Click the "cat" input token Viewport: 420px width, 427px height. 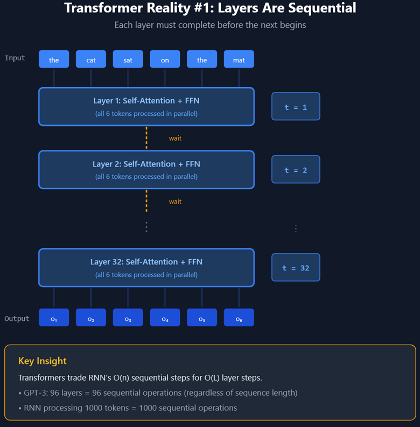coord(91,59)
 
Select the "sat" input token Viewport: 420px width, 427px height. coord(128,59)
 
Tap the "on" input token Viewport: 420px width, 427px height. coord(165,59)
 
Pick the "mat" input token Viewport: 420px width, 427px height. coord(239,59)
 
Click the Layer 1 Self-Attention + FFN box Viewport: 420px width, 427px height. coord(146,106)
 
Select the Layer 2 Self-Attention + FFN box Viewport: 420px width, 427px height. coord(146,170)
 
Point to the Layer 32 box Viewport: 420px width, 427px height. coord(146,268)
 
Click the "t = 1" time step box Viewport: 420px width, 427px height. coord(296,107)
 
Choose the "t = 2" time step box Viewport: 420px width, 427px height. coord(296,170)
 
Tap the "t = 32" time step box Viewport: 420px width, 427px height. coord(296,268)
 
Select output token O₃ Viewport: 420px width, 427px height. coord(128,318)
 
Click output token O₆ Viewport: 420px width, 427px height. coord(239,318)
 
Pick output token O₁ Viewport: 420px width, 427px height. coord(54,318)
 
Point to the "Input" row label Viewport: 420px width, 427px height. coord(15,58)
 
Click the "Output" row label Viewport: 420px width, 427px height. coord(17,318)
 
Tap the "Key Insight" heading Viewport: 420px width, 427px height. coord(43,361)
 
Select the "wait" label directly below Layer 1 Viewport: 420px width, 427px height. coord(175,138)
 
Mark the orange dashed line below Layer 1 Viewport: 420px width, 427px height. coord(146,138)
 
